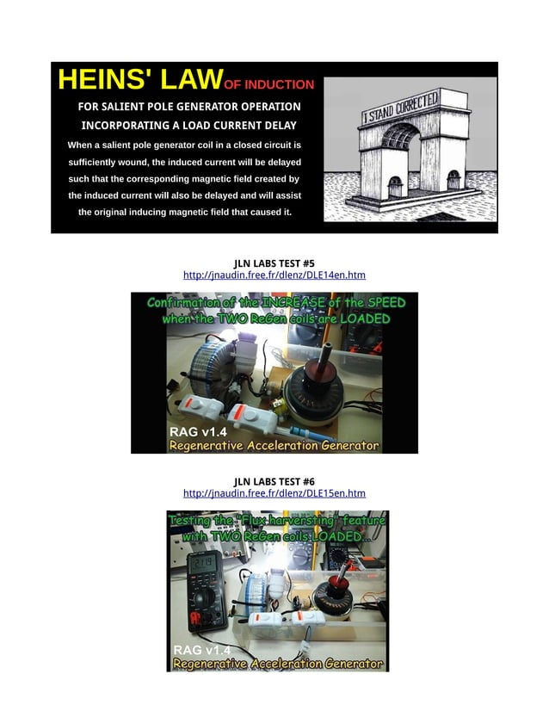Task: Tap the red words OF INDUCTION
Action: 268,84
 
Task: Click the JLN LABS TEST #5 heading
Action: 274,263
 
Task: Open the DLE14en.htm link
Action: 274,275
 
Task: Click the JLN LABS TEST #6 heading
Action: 274,481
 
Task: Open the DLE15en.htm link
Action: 274,494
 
